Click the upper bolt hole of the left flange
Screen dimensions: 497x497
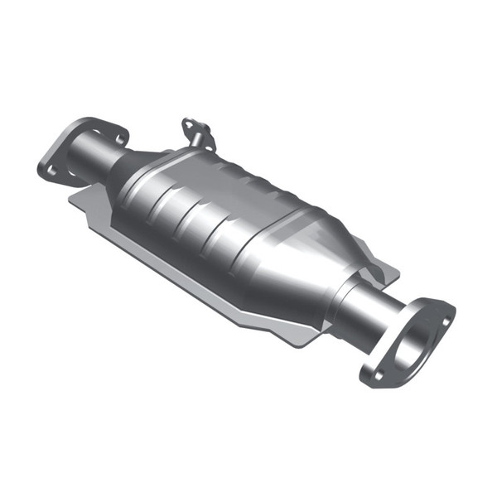(x=122, y=134)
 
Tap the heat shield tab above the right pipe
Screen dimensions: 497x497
(x=383, y=273)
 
